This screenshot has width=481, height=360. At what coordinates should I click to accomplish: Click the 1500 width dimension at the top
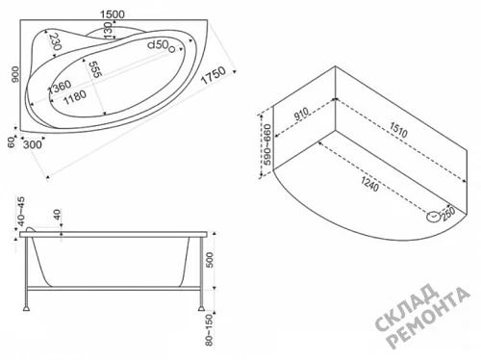click(113, 14)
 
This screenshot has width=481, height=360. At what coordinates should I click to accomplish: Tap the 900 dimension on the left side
click(15, 74)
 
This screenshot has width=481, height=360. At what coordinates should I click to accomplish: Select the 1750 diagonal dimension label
click(214, 75)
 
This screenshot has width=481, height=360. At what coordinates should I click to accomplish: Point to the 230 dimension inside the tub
click(55, 41)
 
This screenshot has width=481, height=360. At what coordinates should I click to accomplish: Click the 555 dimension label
click(95, 69)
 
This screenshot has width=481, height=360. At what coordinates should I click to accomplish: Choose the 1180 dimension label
click(75, 97)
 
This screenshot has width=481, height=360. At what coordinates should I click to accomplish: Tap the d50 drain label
click(158, 45)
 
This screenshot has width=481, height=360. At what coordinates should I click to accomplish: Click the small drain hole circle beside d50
click(171, 49)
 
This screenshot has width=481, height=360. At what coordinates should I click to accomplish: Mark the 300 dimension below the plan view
click(33, 144)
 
